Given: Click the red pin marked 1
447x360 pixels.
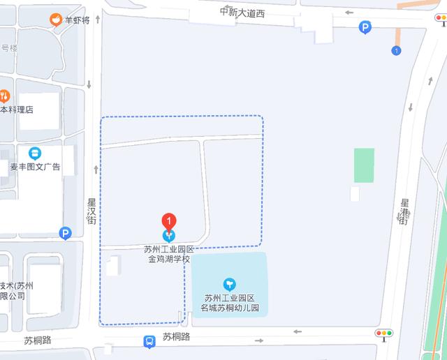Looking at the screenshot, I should pyautogui.click(x=168, y=220).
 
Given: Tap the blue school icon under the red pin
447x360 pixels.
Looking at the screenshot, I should pyautogui.click(x=168, y=236).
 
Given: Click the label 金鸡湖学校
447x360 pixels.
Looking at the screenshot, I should pyautogui.click(x=168, y=259).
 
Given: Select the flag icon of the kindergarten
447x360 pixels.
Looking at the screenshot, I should pyautogui.click(x=229, y=284).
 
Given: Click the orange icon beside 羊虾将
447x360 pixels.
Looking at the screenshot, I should pyautogui.click(x=54, y=20).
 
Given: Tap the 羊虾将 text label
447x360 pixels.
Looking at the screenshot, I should pyautogui.click(x=78, y=20).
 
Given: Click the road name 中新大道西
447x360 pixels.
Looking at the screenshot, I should pyautogui.click(x=246, y=12).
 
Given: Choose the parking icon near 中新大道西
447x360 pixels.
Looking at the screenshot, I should pyautogui.click(x=365, y=28).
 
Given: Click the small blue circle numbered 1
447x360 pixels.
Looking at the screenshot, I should pyautogui.click(x=396, y=50).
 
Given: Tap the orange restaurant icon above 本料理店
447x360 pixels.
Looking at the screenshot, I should pyautogui.click(x=4, y=96).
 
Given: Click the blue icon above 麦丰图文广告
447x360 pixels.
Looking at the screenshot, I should pyautogui.click(x=34, y=153).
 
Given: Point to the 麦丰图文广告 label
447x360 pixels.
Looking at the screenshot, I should pyautogui.click(x=34, y=167).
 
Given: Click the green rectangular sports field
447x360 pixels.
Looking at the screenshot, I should pyautogui.click(x=364, y=165).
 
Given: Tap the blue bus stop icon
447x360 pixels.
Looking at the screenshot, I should pyautogui.click(x=149, y=342).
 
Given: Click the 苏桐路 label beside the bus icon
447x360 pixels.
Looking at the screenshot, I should pyautogui.click(x=177, y=336).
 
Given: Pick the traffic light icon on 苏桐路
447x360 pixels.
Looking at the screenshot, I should pyautogui.click(x=385, y=334).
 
